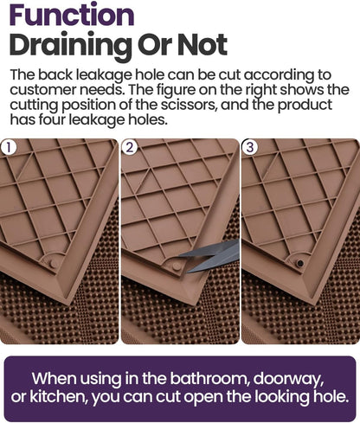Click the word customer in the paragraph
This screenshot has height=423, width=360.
tap(43, 89)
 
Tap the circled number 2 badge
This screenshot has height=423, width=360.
tap(130, 147)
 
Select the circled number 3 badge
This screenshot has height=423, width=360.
tap(250, 147)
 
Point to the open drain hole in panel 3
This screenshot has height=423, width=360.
tap(299, 261)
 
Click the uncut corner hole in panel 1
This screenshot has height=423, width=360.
tap(55, 260)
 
